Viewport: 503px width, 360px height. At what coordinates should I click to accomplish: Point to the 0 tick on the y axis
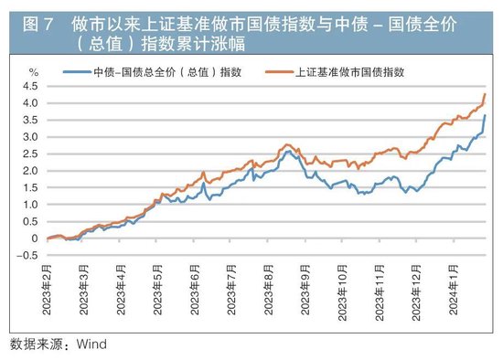[x=36, y=238]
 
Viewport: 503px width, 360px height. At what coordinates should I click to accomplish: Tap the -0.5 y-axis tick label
[x=30, y=256]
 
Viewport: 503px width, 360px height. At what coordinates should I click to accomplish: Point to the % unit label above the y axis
[x=34, y=70]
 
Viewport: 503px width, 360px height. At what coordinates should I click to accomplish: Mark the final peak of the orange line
[x=485, y=94]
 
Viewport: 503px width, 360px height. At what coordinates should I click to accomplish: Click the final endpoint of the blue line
[x=485, y=116]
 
